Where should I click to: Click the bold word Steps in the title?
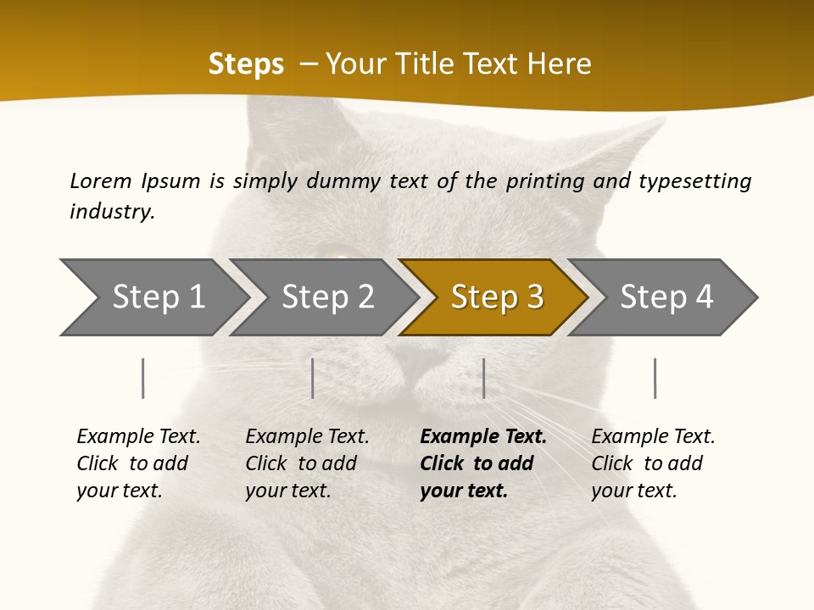point(246,64)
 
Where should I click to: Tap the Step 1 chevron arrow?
point(153,297)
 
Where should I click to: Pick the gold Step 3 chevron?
point(495,297)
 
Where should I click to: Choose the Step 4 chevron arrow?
point(665,297)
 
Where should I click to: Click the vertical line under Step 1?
point(143,378)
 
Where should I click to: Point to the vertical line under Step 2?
point(313,378)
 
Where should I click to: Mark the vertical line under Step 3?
point(484,378)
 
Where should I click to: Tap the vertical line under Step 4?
point(655,378)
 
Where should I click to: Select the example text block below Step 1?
point(137,463)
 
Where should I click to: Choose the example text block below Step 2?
point(306,463)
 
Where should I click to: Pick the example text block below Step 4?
point(652,463)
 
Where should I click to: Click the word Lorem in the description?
point(101,180)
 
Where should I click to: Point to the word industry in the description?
point(111,212)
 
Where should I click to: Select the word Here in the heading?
point(559,64)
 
